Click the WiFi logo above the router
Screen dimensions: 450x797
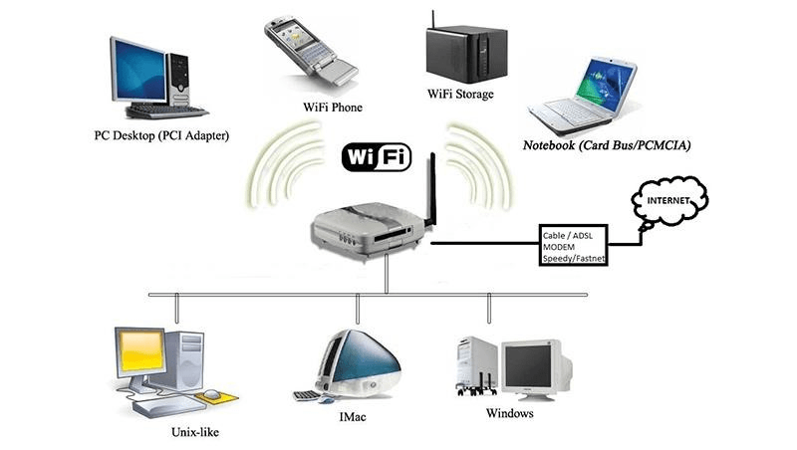[x=376, y=157]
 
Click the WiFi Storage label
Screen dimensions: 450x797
[x=459, y=96]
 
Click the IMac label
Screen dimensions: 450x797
[x=354, y=416]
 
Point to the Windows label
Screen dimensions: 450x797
[x=509, y=412]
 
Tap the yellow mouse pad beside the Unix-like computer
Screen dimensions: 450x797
[x=219, y=397]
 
